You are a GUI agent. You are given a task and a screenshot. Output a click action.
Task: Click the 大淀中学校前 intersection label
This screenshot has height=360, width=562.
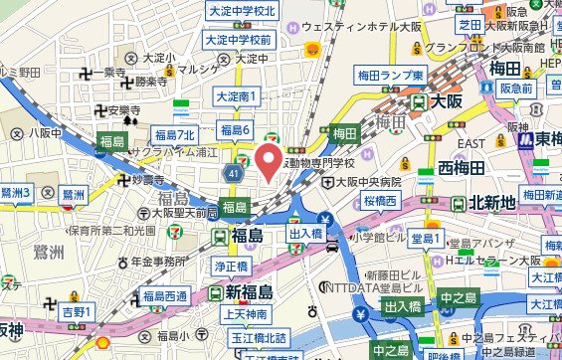pyautogui.click(x=238, y=41)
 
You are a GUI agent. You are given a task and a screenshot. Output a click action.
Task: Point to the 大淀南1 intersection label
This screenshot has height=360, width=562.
pyautogui.click(x=238, y=97)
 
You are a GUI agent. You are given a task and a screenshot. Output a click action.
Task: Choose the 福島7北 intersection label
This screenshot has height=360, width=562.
pyautogui.click(x=180, y=133)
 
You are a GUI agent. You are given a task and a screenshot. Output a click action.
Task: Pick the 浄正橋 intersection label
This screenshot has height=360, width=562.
pyautogui.click(x=229, y=268)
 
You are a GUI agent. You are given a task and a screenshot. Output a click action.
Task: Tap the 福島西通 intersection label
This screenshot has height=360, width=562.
pyautogui.click(x=164, y=296)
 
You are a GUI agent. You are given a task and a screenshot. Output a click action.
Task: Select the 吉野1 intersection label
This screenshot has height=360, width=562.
pyautogui.click(x=77, y=312)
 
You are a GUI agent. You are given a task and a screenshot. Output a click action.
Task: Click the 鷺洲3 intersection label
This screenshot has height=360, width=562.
pyautogui.click(x=18, y=192)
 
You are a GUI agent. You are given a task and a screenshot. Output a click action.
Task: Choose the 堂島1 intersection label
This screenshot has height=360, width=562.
pyautogui.click(x=426, y=239)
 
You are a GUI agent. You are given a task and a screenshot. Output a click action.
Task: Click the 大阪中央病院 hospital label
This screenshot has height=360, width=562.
pyautogui.click(x=368, y=183)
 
